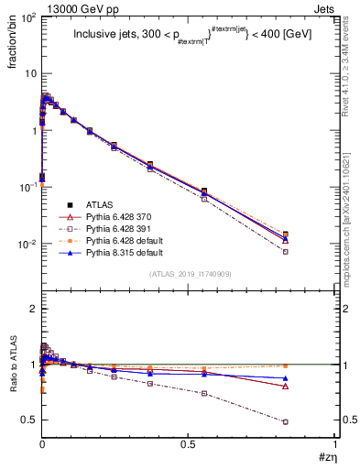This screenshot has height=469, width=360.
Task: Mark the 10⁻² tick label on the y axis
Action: click(25, 245)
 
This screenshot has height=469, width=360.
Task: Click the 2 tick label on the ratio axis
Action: click(31, 310)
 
